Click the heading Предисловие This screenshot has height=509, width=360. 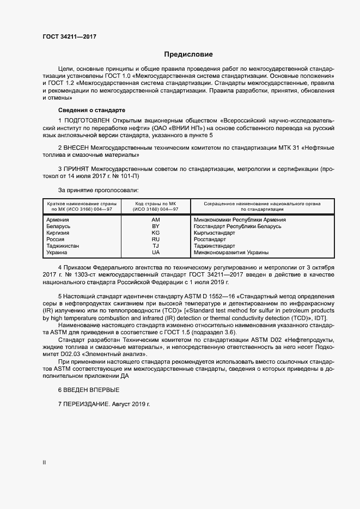click(x=188, y=54)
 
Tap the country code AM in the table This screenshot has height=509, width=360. click(x=156, y=219)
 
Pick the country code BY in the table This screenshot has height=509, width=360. click(x=156, y=226)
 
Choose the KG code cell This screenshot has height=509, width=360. click(x=156, y=232)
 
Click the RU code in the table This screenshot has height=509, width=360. click(x=156, y=239)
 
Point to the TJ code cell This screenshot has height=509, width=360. click(x=156, y=246)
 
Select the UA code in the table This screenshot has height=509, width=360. click(x=156, y=253)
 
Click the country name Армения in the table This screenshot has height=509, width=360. click(x=58, y=219)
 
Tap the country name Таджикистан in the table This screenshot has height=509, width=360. click(x=63, y=246)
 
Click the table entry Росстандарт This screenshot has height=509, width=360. click(x=210, y=239)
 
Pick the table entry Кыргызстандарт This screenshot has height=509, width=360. click(x=215, y=232)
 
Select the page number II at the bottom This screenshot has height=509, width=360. click(x=45, y=463)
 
